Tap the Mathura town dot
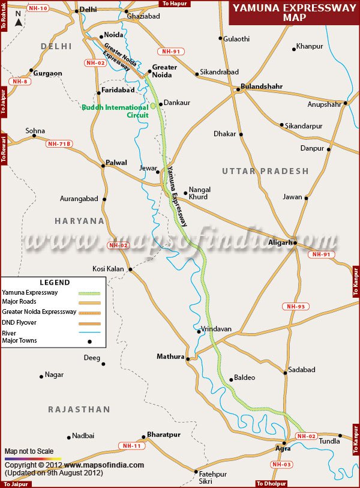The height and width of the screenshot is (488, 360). point(188,360)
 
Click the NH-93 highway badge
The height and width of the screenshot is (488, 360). point(295,307)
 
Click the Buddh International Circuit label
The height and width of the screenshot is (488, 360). point(115,111)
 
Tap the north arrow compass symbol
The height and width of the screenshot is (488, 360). point(19,22)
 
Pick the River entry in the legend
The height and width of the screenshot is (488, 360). point(10,333)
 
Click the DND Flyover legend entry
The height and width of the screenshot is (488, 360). point(20,322)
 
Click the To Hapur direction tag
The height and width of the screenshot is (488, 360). point(175,4)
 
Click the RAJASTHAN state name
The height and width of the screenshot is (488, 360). point(79,409)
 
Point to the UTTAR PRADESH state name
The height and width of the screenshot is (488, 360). point(265,171)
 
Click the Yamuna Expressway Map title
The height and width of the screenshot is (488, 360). point(293,12)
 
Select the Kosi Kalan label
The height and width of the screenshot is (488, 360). point(108,269)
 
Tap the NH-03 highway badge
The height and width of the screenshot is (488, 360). point(282,464)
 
